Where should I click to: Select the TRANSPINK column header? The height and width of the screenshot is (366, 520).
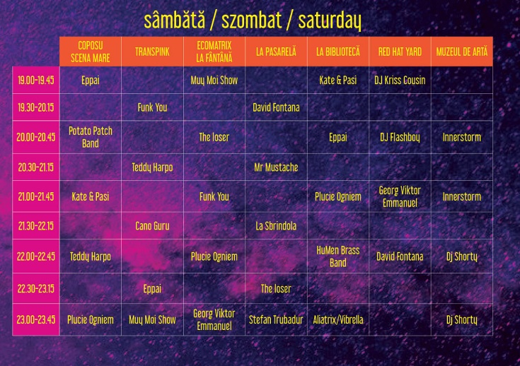152,52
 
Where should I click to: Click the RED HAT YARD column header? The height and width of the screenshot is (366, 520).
400,52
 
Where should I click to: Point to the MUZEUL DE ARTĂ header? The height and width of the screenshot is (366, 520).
461,52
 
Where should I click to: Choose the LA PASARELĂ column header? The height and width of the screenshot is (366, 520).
276,52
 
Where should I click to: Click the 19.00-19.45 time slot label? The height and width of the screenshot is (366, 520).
36,81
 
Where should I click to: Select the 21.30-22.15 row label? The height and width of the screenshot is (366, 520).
36,226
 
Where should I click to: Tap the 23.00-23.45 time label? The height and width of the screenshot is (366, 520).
36,319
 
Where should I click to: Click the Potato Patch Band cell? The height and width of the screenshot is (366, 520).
91,137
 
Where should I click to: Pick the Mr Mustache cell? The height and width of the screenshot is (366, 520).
276,167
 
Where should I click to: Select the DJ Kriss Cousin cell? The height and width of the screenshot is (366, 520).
400,81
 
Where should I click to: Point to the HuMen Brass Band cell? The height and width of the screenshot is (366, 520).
338,256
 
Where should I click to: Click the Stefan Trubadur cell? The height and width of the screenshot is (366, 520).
276,319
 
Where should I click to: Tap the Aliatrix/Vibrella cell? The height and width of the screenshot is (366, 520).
338,319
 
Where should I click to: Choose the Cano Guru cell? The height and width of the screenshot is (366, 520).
152,226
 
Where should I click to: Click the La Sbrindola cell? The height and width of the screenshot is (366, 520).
276,226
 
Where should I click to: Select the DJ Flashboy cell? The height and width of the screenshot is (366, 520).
400,137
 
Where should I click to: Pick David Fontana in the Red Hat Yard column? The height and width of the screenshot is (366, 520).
400,256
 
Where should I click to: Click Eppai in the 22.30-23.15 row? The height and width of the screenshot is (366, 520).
152,288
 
